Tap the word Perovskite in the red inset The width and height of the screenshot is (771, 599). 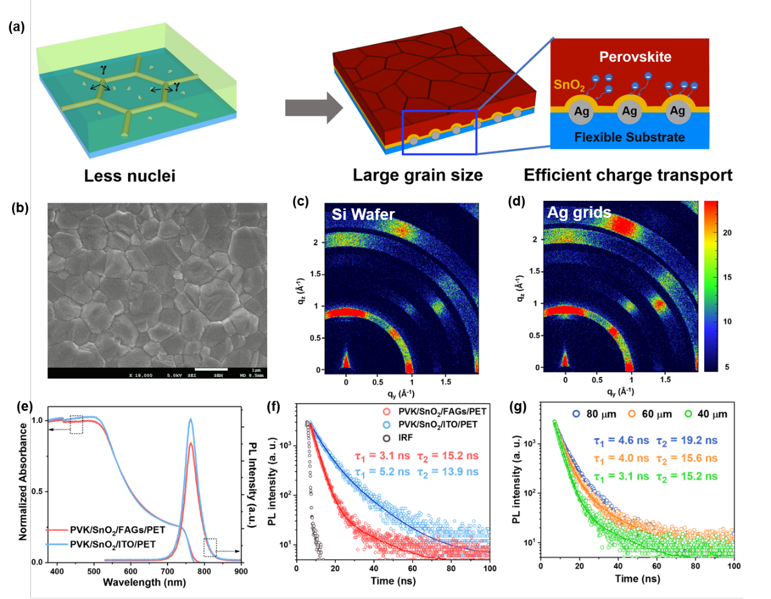click(635, 57)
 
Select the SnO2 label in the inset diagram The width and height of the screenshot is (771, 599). click(569, 85)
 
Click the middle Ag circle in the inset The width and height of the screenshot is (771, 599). click(630, 111)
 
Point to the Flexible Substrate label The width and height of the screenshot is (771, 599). click(630, 138)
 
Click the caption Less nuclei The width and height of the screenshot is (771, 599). click(129, 176)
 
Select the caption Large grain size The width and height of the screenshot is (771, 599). click(418, 175)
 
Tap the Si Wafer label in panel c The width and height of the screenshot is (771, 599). click(363, 214)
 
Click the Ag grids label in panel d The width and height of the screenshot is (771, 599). click(579, 212)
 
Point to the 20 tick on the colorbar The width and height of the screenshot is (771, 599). click(727, 233)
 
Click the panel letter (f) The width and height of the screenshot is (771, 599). click(274, 406)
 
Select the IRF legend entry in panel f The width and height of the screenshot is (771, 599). click(405, 438)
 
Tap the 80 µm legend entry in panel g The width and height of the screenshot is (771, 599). click(594, 414)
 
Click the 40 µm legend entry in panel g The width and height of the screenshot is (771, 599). click(705, 414)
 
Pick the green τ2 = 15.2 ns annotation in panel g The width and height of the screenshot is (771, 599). click(687, 476)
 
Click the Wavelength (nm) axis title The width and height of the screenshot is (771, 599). click(144, 582)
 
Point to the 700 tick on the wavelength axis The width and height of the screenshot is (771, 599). click(167, 571)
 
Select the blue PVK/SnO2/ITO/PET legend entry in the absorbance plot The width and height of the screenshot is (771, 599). click(112, 544)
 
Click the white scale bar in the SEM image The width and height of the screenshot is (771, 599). click(211, 369)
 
